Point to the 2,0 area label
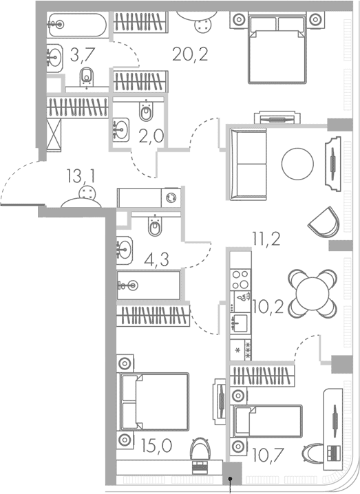[x=151, y=136]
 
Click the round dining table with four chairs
[x=312, y=292]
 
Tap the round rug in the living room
[x=297, y=165]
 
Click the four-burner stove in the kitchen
[x=240, y=279]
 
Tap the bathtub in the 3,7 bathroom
[x=78, y=25]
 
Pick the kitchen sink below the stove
[x=240, y=321]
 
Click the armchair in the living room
[x=324, y=222]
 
